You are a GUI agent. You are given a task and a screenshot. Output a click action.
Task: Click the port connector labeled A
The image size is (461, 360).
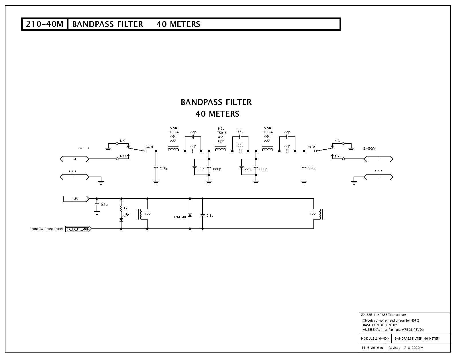[x=75, y=159]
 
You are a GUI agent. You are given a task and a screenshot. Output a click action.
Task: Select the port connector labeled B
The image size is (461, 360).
[x=75, y=177]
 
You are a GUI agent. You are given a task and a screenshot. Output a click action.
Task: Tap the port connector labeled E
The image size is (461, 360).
[x=379, y=159]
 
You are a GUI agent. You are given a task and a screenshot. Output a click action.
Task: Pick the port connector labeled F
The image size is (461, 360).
[x=379, y=177]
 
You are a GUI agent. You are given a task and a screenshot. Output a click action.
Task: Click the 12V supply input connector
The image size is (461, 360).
[x=76, y=199]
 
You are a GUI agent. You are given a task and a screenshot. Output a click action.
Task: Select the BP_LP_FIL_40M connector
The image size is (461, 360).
[x=78, y=229]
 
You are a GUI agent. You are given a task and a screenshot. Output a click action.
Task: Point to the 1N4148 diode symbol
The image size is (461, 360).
[x=190, y=216]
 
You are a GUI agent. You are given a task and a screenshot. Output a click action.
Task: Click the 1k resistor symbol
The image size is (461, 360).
[x=121, y=208]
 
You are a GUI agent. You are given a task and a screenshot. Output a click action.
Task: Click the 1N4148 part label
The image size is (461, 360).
[x=180, y=217]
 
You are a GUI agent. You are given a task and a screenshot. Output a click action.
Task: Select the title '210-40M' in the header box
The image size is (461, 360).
[x=44, y=24]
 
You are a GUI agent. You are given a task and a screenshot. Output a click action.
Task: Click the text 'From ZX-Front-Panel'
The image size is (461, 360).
[x=46, y=229]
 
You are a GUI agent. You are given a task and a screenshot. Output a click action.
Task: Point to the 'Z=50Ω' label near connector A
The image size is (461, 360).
[x=83, y=148]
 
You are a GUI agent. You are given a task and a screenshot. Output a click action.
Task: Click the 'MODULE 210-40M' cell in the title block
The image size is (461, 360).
[x=375, y=339]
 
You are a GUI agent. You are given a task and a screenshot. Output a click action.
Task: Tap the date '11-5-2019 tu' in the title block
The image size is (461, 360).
[x=372, y=348]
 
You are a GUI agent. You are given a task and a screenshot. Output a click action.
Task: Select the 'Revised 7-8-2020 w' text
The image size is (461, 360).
[x=406, y=348]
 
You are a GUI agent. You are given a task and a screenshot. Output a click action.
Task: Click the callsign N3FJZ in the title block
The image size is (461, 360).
[x=415, y=320]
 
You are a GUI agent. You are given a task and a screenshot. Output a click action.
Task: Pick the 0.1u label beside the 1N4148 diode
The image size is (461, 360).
[x=210, y=216]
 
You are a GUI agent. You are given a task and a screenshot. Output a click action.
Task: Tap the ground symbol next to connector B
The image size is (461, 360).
[x=101, y=182]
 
